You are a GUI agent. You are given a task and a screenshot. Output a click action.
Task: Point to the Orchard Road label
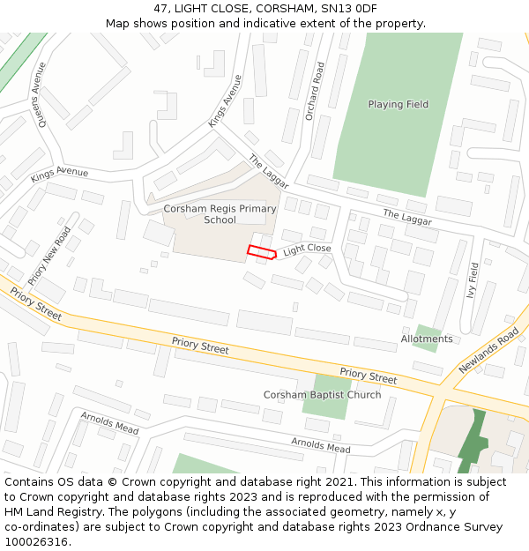[x=315, y=91]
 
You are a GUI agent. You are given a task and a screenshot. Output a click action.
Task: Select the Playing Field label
[x=399, y=104]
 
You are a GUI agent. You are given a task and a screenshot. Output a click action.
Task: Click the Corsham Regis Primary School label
[x=220, y=214]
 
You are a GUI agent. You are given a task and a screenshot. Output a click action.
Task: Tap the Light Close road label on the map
[x=307, y=249]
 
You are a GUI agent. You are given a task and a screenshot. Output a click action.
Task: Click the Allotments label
[x=427, y=339]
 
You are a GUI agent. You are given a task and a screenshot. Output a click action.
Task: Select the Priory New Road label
[x=49, y=256]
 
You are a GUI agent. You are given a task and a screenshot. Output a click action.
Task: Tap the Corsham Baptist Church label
[x=323, y=394]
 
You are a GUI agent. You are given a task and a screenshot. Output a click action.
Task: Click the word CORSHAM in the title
[x=273, y=8]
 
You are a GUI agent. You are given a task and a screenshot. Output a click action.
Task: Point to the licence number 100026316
[x=37, y=541]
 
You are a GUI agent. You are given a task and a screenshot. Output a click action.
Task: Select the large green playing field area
[x=397, y=132]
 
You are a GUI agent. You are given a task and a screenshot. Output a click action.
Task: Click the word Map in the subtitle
[x=118, y=23]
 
